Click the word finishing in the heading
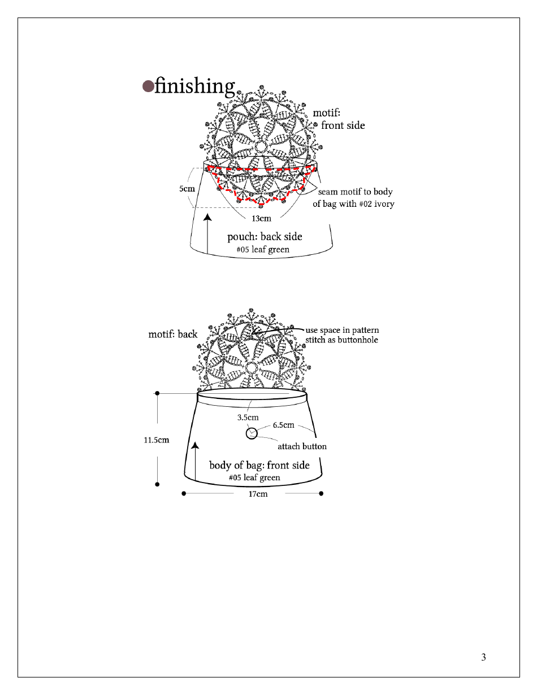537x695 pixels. [194, 86]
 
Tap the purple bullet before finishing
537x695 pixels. [148, 86]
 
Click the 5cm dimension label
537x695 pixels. [187, 189]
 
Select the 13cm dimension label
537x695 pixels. [261, 219]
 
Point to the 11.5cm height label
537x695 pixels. [156, 440]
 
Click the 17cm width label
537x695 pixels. [258, 494]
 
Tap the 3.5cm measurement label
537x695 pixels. [248, 418]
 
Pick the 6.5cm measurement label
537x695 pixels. [283, 425]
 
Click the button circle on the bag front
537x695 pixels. [252, 433]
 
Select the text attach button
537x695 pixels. [302, 446]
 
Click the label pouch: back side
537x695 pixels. [265, 237]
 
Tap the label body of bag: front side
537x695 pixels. [259, 465]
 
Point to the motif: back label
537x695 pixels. [173, 334]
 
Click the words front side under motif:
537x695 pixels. [343, 125]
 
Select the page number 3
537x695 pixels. [483, 657]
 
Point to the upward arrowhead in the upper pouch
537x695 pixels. [208, 218]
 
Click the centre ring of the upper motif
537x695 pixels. [260, 146]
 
